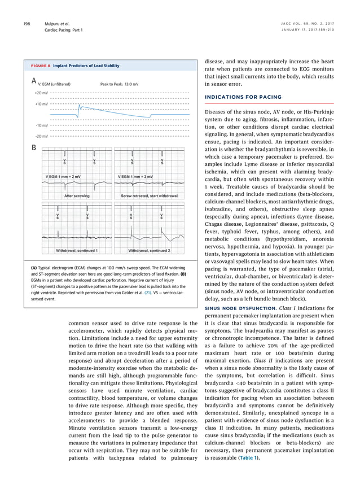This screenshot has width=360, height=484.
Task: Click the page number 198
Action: click(x=27, y=23)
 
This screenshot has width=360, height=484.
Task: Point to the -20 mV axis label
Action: click(x=41, y=136)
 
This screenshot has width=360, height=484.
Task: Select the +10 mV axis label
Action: click(x=41, y=104)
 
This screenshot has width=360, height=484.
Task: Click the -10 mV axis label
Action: click(x=41, y=125)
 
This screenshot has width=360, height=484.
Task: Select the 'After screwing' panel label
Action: click(x=77, y=195)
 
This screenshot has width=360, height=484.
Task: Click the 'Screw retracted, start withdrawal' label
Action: click(x=150, y=195)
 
